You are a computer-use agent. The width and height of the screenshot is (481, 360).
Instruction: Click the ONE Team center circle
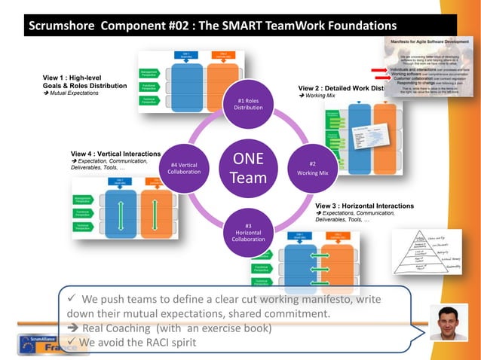[x=248, y=168]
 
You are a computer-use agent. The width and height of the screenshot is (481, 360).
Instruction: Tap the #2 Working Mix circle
[x=312, y=168]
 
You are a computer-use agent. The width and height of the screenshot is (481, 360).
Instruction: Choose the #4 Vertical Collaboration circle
[x=184, y=168]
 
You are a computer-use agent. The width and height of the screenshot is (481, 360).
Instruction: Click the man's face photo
[x=448, y=322]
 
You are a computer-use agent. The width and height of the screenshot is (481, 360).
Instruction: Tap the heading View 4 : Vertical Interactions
[x=115, y=154]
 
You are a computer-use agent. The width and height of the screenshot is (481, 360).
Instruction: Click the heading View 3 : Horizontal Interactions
[x=364, y=206]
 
